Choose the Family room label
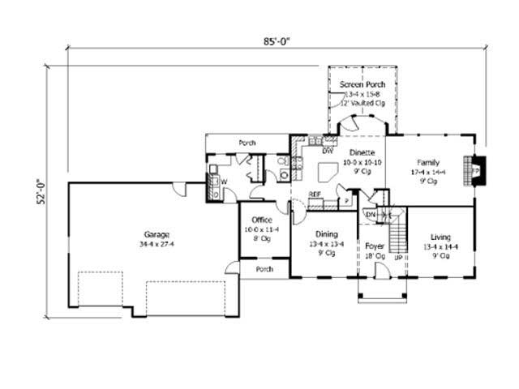tap(428, 161)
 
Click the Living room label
tap(440, 237)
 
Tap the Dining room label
tap(326, 233)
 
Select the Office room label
tap(261, 220)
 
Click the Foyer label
tap(375, 245)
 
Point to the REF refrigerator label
tap(314, 194)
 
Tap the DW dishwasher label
tap(328, 151)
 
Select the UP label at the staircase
tap(398, 257)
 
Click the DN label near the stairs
tap(371, 214)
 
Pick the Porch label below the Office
tap(264, 269)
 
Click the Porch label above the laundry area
tap(247, 143)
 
